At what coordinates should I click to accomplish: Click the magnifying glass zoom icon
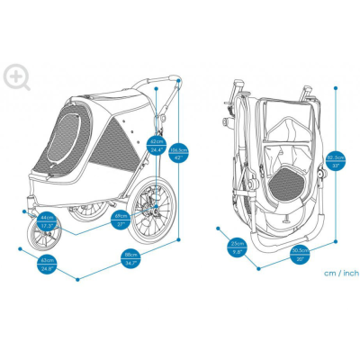16,76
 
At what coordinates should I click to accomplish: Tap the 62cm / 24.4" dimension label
157,145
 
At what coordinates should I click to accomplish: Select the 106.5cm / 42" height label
178,154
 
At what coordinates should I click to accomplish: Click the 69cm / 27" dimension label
121,218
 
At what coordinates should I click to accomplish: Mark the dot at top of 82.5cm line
336,88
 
